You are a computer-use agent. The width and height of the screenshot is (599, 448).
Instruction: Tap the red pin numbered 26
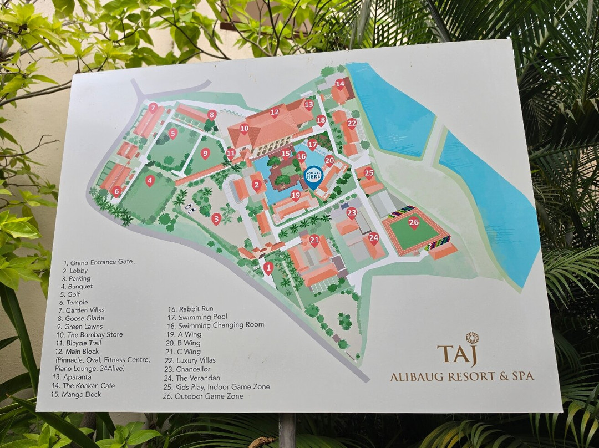pyautogui.click(x=414, y=223)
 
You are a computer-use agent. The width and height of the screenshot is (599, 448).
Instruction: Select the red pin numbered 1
pyautogui.click(x=268, y=268)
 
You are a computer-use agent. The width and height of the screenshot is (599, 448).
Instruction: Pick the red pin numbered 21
pyautogui.click(x=314, y=241)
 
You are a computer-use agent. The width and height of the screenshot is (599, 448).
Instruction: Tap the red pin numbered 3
pyautogui.click(x=216, y=218)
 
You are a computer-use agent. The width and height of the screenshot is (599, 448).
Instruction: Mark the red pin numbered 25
pyautogui.click(x=369, y=173)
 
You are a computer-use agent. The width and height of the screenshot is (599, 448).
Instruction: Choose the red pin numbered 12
pyautogui.click(x=275, y=113)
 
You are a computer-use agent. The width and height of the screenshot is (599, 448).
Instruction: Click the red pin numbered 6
pyautogui.click(x=116, y=191)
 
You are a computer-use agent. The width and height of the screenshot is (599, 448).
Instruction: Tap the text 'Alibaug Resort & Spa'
pyautogui.click(x=461, y=376)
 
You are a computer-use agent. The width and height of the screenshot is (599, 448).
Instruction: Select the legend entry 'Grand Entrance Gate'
pyautogui.click(x=98, y=262)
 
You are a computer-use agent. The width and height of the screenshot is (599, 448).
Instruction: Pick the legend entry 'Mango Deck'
pyautogui.click(x=76, y=395)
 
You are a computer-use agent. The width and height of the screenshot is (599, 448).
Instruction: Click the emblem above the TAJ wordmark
pyautogui.click(x=472, y=338)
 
